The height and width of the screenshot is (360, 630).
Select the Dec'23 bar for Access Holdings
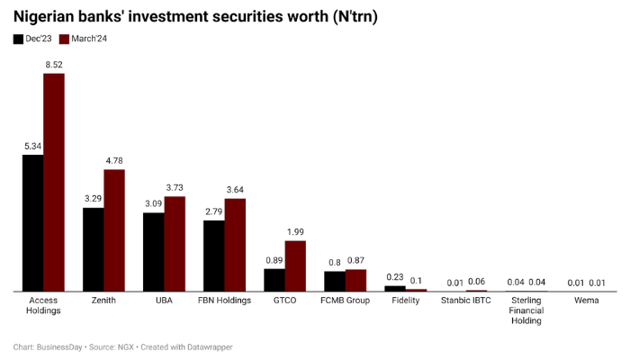pos(33,223)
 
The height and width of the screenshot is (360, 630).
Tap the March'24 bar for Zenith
pos(114,230)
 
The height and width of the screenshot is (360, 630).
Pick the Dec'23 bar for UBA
pos(154,252)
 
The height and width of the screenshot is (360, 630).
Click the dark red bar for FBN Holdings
pos(235,245)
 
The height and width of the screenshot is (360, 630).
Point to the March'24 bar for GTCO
pos(295,266)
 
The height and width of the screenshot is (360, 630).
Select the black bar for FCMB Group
pos(335,282)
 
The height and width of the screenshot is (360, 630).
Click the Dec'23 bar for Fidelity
pos(395,289)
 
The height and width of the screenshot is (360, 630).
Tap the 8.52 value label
pos(54,64)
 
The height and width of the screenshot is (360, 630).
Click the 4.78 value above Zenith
pos(114,160)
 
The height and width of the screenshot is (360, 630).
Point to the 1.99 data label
pos(295,231)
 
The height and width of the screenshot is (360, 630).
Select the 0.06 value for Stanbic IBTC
pos(476,282)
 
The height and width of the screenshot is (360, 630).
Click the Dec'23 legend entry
pos(32,39)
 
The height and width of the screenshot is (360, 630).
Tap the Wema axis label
pos(586,300)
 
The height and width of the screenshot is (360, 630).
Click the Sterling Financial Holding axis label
pos(526,310)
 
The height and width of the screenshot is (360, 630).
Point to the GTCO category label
pos(284,300)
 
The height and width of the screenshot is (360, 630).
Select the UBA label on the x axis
pos(164,300)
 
